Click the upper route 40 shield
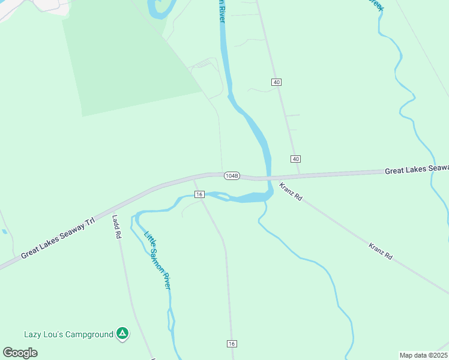(x=276, y=82)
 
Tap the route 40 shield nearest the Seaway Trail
(x=295, y=158)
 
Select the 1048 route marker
(x=232, y=176)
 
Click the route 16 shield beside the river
(x=200, y=194)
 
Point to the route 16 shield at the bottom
(x=232, y=343)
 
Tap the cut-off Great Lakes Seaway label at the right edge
(x=416, y=170)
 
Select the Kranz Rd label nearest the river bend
(x=291, y=193)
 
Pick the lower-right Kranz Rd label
(x=381, y=251)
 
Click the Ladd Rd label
(x=116, y=227)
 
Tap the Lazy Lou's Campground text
(x=68, y=334)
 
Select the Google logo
(x=20, y=353)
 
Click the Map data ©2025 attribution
(x=423, y=355)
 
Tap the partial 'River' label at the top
(x=220, y=11)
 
